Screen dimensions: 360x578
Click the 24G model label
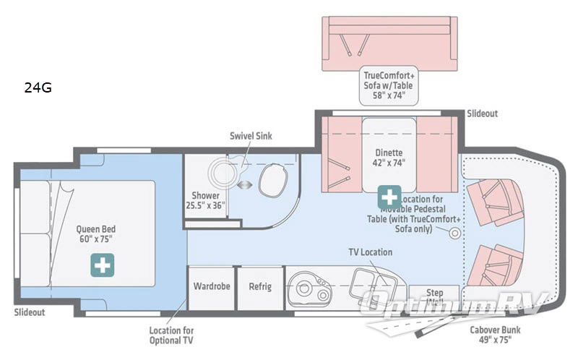38,89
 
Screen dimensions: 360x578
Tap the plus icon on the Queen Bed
102,265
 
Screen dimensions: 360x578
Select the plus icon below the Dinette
389,195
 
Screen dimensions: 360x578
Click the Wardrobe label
212,286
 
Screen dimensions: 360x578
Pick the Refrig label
260,286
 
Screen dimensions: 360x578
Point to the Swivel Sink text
251,136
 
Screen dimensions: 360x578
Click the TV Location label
370,252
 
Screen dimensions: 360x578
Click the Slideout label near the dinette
482,113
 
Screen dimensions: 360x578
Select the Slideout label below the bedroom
29,312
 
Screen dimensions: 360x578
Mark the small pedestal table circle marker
454,233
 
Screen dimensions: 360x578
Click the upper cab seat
493,197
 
